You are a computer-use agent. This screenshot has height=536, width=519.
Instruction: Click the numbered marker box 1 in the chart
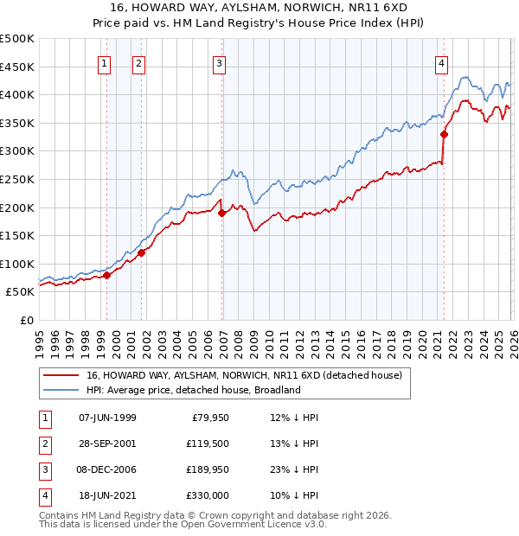pos(104,62)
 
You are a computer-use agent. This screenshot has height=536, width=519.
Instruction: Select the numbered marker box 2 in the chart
pos(138,62)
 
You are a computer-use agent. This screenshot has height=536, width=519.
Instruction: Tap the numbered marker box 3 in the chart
pos(219,62)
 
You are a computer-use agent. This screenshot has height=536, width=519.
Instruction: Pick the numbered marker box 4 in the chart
pos(441,62)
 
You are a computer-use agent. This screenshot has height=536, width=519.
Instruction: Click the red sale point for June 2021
pos(444,134)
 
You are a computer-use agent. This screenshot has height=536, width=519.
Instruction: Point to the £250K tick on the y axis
pos(17,179)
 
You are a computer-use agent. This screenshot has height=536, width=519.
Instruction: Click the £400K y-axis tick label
pos(17,94)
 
